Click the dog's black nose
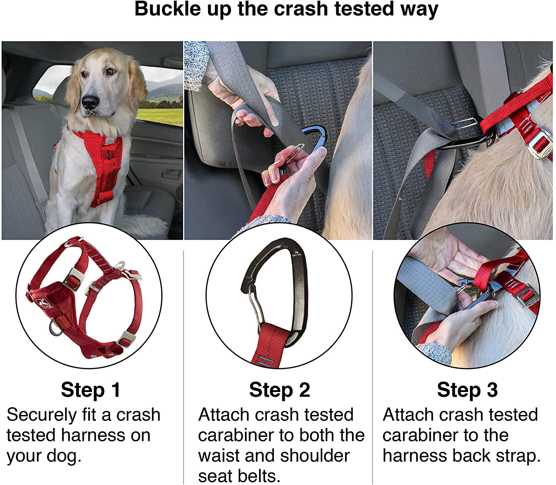(x=90, y=101)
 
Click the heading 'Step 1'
(x=91, y=390)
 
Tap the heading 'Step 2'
(x=279, y=390)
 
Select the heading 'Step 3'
(x=467, y=390)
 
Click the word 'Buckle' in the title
(x=167, y=9)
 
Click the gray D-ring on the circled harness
(x=56, y=327)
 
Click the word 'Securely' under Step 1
(x=41, y=415)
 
